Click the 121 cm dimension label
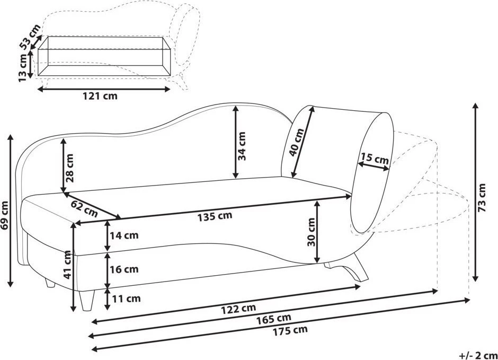100,95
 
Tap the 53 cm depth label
30,37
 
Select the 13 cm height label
23,68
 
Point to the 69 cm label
4,215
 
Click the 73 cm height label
482,198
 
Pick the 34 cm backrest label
242,146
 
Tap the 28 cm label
69,168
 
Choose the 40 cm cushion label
297,142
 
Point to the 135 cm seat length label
215,216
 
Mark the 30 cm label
312,232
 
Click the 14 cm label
124,235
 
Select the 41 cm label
67,265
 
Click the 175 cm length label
290,330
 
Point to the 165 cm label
274,318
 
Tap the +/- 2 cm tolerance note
478,355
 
